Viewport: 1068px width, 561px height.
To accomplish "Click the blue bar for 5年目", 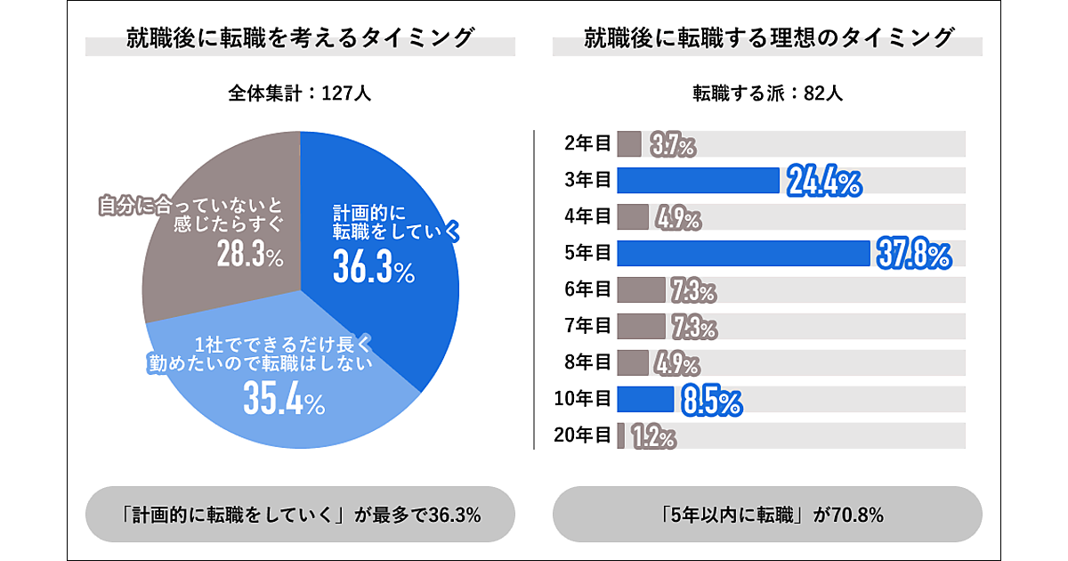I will click(742, 254).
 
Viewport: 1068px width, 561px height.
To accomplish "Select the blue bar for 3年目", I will click(698, 181).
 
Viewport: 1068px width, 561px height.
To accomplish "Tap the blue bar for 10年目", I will click(645, 400).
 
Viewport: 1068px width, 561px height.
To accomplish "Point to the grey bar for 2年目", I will click(629, 144).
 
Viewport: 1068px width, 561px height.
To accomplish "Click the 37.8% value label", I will click(913, 255).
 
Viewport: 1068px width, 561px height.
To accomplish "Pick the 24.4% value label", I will click(823, 182).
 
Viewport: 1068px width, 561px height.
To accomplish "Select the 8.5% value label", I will click(711, 401).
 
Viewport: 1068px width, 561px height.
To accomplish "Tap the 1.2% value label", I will click(653, 436).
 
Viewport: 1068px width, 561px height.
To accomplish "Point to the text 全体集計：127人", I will click(299, 93).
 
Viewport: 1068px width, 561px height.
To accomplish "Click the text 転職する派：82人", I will click(767, 93).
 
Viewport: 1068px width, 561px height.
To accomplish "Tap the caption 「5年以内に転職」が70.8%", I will click(767, 515).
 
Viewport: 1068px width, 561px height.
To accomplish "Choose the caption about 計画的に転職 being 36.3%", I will click(300, 515).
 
